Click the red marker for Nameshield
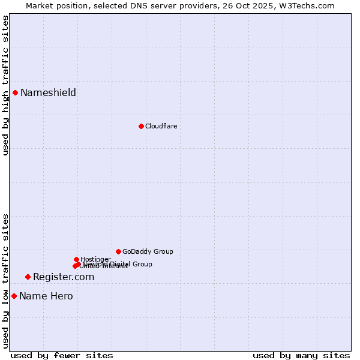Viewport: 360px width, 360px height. [15, 92]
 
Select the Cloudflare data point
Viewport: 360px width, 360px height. [141, 126]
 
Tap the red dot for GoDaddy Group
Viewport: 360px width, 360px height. [118, 251]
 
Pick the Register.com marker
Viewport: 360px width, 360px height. [28, 277]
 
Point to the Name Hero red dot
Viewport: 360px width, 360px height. [14, 296]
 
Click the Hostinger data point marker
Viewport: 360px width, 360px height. [76, 259]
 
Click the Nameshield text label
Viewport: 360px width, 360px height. [48, 92]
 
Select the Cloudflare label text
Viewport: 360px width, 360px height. [161, 126]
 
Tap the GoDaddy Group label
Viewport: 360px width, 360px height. [148, 251]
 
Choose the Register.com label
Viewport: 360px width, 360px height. [64, 277]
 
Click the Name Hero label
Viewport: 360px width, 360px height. [46, 296]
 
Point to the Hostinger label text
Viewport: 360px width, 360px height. [95, 259]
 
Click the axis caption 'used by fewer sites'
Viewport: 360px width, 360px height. [62, 356]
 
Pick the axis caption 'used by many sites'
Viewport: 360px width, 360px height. [301, 356]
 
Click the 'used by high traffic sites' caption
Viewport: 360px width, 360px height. [5, 86]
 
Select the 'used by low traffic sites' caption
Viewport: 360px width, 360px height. [5, 281]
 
